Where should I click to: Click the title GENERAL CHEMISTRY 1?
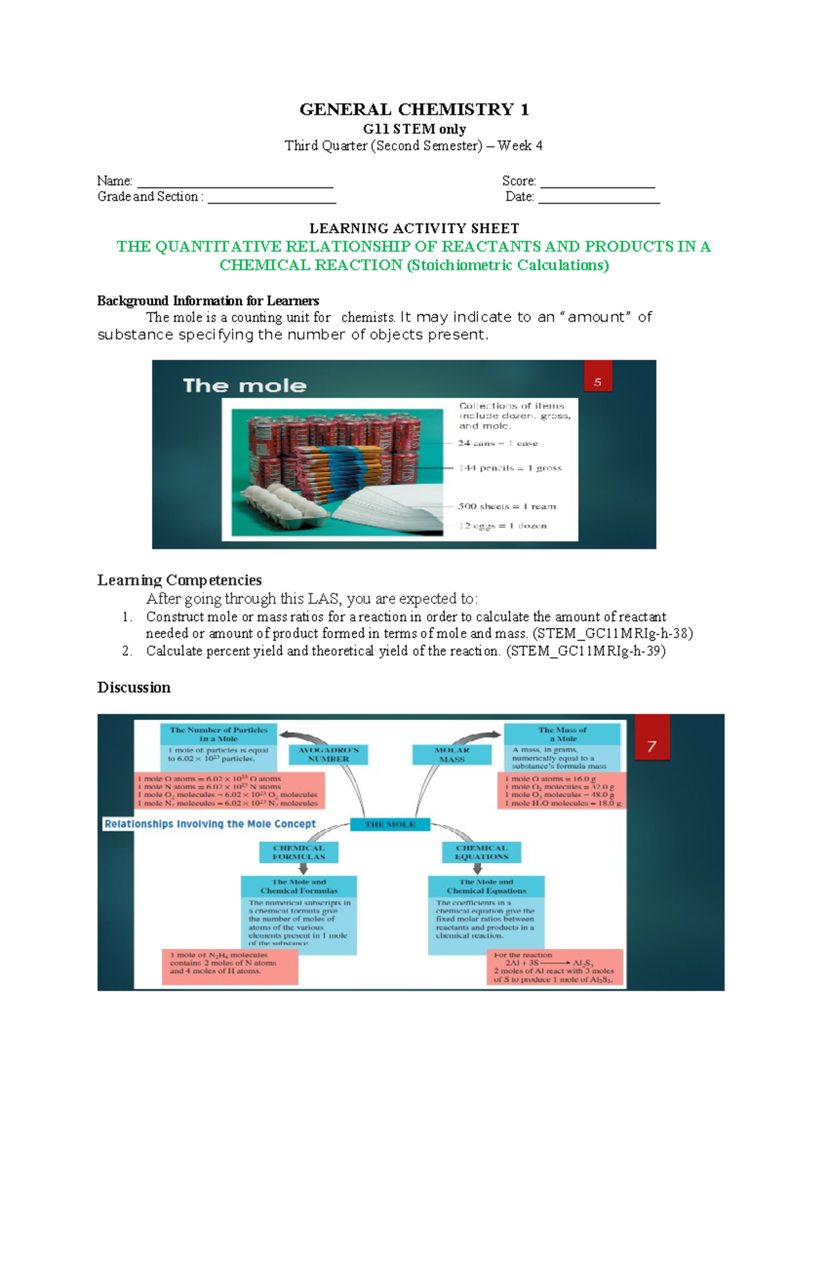(414, 109)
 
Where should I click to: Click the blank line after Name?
(235, 185)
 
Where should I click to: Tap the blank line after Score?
(597, 185)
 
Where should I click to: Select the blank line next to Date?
(598, 201)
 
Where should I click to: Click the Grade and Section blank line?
(271, 201)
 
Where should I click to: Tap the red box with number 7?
(651, 738)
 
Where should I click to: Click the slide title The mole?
(245, 386)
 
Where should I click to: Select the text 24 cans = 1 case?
(497, 443)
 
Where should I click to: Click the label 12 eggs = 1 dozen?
(502, 526)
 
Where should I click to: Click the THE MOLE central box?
(390, 824)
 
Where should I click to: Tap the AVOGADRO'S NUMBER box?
(328, 755)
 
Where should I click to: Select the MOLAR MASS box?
(452, 755)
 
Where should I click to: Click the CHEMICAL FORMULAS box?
(298, 852)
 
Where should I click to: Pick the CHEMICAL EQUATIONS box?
(482, 852)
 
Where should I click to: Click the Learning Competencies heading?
(179, 580)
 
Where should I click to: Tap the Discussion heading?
(133, 688)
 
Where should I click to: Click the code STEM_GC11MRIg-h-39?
(586, 651)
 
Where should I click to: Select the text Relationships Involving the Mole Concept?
(210, 824)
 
